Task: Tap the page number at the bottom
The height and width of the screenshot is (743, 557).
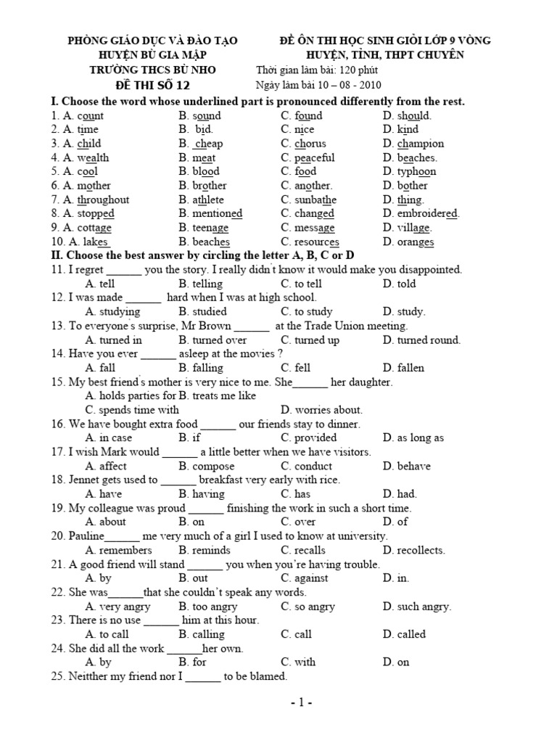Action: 299,703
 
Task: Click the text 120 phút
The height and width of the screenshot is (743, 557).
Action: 355,70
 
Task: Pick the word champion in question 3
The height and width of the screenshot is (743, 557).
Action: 421,144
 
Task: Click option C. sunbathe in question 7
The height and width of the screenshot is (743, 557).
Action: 308,200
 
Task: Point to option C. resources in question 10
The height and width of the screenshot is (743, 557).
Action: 310,242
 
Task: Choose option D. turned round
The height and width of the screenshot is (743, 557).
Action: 421,340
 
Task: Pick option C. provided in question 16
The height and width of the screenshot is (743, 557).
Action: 309,438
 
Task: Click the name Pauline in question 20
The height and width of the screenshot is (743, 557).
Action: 87,536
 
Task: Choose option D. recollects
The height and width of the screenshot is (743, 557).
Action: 414,551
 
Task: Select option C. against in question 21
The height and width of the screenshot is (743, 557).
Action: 305,579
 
